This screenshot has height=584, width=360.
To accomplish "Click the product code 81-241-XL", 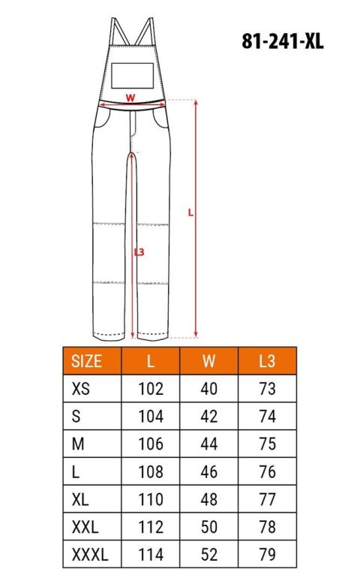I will coord(283,42).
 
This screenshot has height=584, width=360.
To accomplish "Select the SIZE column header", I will coord(86,361).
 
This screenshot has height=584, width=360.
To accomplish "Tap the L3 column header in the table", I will coord(266,361).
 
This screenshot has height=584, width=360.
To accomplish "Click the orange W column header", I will coord(209,361).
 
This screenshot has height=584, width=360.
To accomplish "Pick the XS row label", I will coord(79,389).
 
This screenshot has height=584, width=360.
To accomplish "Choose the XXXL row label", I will coord(89,556).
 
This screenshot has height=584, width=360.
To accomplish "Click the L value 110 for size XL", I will coord(151,500).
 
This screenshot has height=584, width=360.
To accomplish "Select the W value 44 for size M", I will coord(209,444).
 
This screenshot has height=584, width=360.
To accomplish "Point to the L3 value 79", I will coord(266,556).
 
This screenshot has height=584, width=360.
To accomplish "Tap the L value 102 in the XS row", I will coord(151,389).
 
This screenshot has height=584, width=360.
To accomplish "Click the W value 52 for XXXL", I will coord(209,556).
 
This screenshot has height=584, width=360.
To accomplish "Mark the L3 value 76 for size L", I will coord(266,472).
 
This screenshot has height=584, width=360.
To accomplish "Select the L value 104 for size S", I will coord(151,417).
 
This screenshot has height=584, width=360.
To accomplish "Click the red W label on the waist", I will coord(130,97).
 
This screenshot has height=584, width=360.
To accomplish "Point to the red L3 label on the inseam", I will coord(139,252).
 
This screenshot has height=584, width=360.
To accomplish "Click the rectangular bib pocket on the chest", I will coord(133,75).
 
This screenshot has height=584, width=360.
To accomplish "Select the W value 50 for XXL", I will coord(209,528).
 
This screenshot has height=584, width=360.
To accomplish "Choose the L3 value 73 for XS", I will coord(266,389).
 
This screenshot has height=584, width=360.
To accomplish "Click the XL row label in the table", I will coord(79,500).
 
